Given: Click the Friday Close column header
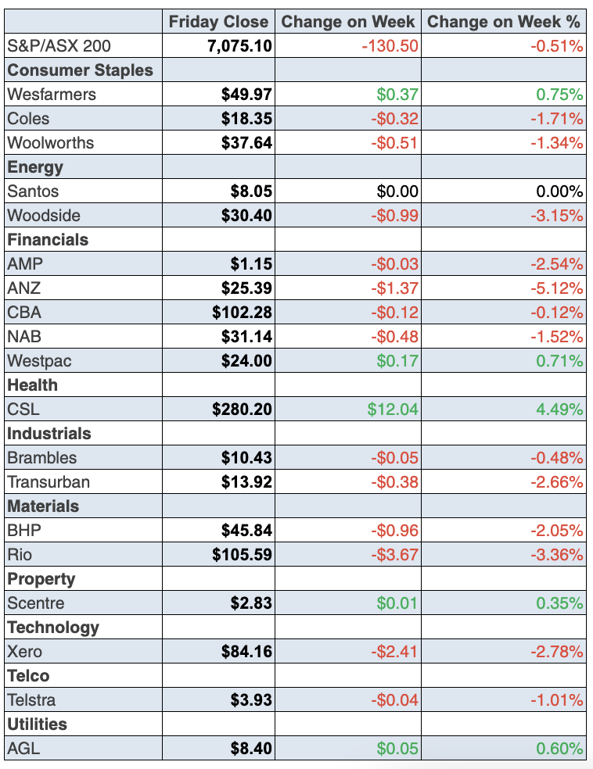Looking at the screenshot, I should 218,21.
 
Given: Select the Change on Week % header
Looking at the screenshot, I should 505,21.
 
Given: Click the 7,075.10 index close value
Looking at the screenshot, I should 240,46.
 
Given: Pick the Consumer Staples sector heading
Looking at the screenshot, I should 80,70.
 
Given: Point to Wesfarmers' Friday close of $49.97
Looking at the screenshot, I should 246,95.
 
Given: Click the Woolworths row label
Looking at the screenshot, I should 50,143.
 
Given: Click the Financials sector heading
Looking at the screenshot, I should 48,240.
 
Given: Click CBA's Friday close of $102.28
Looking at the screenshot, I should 242,313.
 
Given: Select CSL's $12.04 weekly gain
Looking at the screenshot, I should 397,410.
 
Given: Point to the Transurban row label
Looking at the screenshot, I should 49,482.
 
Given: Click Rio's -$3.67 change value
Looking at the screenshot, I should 394,555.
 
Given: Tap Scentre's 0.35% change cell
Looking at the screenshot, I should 559,603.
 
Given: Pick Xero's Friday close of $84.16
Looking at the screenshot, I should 246,652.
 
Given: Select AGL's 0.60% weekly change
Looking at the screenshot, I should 559,749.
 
